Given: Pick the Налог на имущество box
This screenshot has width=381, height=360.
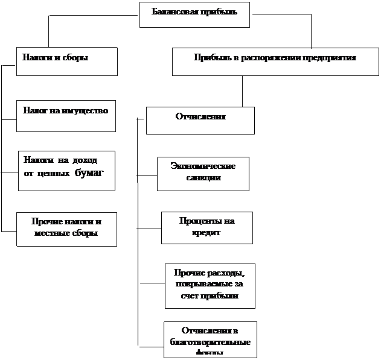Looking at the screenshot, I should [66, 117].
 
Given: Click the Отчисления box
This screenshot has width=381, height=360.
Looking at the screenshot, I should [200, 121].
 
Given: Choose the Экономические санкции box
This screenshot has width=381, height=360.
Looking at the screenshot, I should [203, 174].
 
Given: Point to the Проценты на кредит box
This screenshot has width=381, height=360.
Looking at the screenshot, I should [207, 227].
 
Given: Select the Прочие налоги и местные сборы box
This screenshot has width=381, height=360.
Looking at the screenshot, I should [66, 229].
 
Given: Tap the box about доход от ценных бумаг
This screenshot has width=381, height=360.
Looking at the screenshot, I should [66, 171].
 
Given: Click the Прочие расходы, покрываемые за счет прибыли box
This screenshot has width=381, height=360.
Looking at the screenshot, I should [210, 285].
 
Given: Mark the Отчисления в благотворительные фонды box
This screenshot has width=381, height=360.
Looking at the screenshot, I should [210, 340].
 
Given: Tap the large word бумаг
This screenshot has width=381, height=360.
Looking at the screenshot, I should [89, 174].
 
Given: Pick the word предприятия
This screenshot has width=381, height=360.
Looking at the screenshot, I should [331, 58].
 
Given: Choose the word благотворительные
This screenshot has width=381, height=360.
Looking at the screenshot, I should [210, 342].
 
